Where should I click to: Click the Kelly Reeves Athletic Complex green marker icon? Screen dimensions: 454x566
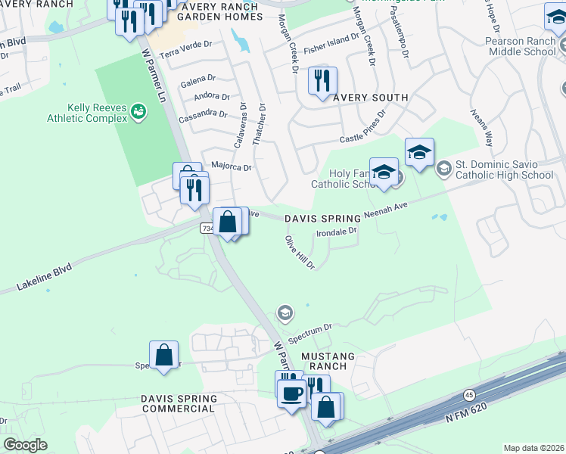(138, 113)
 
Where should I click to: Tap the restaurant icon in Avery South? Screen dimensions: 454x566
(322, 82)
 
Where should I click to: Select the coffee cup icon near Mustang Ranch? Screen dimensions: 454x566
(291, 393)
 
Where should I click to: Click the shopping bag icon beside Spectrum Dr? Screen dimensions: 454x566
(163, 356)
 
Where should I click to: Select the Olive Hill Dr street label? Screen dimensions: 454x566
(298, 252)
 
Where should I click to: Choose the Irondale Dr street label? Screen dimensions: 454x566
(335, 232)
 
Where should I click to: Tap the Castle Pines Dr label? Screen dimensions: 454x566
(363, 127)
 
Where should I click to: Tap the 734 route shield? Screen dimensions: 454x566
(207, 228)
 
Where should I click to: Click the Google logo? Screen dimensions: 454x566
(25, 445)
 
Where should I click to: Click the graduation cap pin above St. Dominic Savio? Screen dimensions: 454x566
(418, 154)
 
